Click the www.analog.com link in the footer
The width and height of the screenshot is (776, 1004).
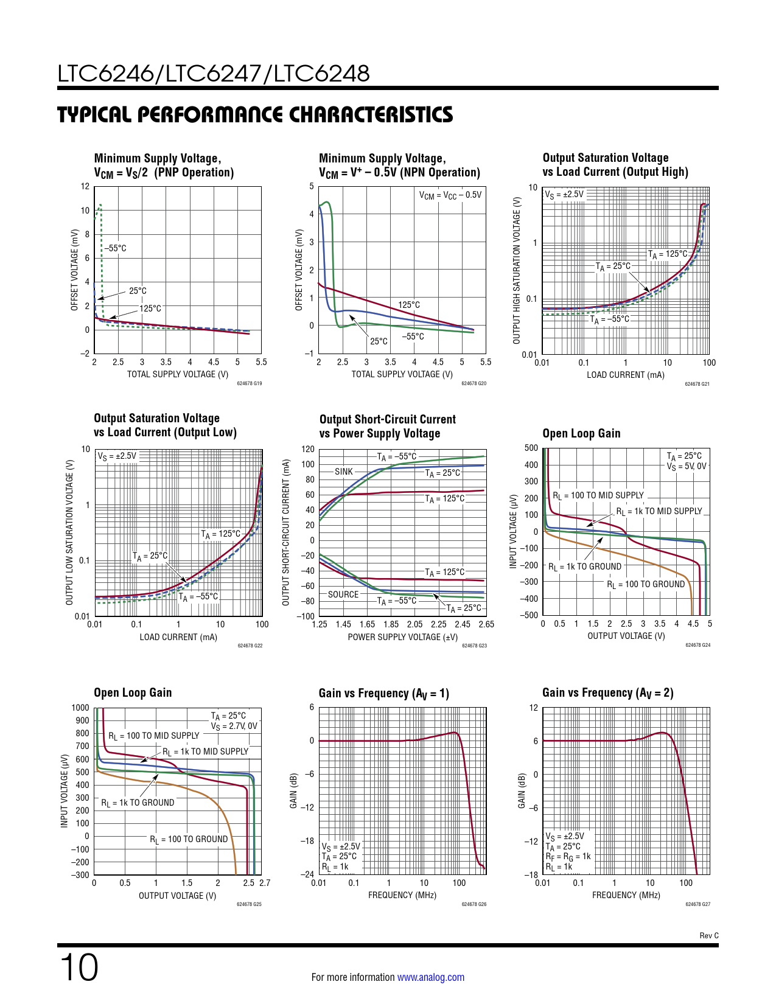(430, 977)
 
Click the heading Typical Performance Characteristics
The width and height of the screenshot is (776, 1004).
(255, 115)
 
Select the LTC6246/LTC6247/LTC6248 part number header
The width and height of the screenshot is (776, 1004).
(214, 74)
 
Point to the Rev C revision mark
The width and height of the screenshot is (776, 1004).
(708, 935)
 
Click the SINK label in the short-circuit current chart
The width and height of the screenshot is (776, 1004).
(344, 472)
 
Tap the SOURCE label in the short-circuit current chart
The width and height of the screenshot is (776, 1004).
(343, 594)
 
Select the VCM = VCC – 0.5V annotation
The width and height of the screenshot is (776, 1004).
(450, 195)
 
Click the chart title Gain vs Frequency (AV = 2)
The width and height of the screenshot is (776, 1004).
(607, 693)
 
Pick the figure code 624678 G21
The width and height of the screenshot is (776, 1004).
(697, 384)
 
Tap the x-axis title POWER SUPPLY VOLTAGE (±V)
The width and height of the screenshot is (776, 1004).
(402, 637)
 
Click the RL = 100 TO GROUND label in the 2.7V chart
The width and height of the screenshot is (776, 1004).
(189, 839)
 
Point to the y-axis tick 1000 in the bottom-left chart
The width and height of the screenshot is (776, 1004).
(80, 708)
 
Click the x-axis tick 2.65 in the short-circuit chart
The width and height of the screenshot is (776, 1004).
(486, 624)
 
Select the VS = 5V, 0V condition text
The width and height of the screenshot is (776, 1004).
(687, 467)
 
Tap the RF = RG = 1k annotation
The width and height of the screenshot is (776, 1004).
(568, 857)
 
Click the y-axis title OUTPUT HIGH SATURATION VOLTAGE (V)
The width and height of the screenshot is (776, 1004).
(517, 270)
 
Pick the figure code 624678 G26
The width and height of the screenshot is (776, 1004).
(474, 904)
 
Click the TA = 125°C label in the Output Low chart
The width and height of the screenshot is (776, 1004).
(221, 534)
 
